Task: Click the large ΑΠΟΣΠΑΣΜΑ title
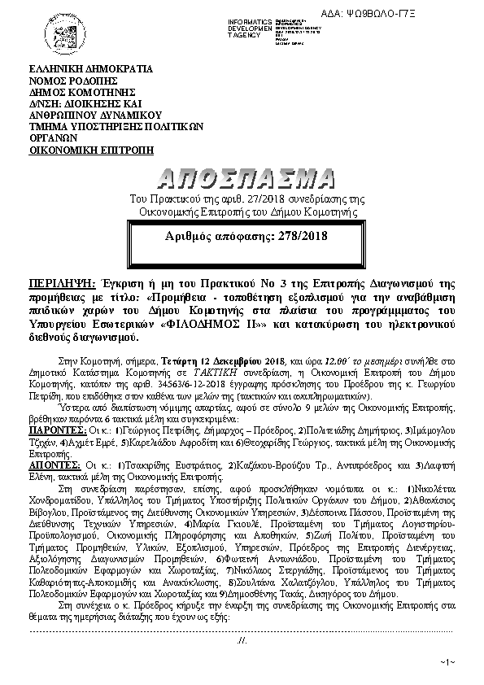click(x=242, y=178)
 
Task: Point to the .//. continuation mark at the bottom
click(x=242, y=641)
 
